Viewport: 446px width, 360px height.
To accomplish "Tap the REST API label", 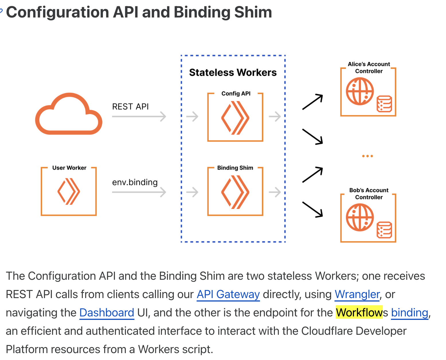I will pos(130,107).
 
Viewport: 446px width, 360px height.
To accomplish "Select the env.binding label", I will pos(135,182).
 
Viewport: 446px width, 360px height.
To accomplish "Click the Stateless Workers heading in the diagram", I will pos(233,73).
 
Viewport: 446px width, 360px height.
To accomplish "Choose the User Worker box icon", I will pos(69,191).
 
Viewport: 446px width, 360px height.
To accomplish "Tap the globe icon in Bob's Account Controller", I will pos(360,217).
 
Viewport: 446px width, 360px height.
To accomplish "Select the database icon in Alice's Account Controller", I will pos(384,104).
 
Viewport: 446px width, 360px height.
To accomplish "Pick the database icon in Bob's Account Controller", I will pos(384,230).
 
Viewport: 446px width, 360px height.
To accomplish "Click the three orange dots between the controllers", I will pos(367,156).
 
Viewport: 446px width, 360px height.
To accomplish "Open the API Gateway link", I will pos(228,294).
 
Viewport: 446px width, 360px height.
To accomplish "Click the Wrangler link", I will pos(357,294).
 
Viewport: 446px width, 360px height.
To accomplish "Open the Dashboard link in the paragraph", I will pos(107,313).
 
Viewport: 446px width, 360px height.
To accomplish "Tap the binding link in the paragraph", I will pos(410,313).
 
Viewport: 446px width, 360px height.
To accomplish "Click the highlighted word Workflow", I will pos(359,313).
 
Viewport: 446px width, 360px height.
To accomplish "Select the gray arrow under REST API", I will pos(139,116).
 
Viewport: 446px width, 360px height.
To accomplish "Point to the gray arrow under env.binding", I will pos(139,192).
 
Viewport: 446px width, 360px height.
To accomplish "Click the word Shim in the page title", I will pos(253,12).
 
